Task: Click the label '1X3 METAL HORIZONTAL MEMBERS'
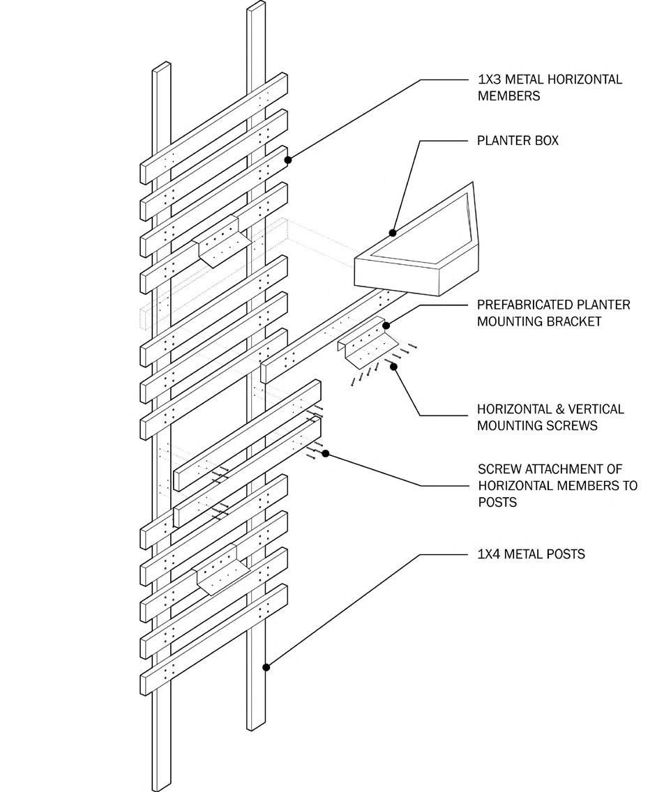(x=549, y=88)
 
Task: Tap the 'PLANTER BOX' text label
(x=518, y=141)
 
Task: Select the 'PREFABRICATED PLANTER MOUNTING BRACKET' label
(x=553, y=313)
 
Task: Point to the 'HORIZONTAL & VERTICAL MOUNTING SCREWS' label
(x=550, y=417)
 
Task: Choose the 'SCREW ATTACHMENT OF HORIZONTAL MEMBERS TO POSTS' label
(x=557, y=485)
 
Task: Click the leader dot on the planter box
(x=393, y=233)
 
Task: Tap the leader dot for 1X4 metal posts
(x=266, y=667)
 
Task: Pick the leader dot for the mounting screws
(x=393, y=366)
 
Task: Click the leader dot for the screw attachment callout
(x=326, y=454)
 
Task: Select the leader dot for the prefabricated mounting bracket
(x=386, y=326)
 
